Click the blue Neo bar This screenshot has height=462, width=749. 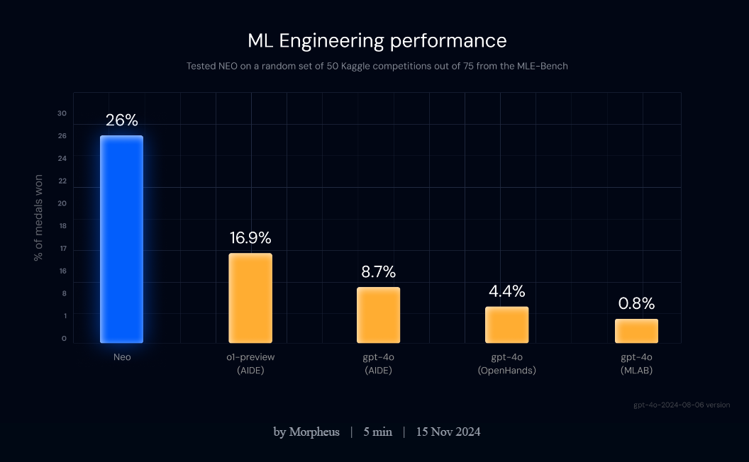121,239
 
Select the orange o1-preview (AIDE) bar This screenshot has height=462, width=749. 250,298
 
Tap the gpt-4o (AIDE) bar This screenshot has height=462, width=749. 378,315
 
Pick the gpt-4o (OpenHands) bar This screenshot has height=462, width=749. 506,325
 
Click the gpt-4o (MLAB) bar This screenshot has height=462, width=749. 636,331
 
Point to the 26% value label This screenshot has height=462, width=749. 121,120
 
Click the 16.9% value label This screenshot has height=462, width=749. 250,238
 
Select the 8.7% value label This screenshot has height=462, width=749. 378,271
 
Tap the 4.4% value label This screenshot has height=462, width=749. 506,291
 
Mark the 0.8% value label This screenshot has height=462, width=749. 636,304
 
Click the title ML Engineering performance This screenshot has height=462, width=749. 377,40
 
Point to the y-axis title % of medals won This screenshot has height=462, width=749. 38,218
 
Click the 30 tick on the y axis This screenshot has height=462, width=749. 62,113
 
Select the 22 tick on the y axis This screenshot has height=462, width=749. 62,181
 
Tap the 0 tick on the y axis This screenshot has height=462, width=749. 64,338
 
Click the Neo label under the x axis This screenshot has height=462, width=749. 122,357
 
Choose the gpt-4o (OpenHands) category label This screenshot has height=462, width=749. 506,364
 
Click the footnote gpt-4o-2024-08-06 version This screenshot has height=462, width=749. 681,405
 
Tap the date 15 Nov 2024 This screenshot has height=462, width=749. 448,432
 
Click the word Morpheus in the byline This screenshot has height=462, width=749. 314,432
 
